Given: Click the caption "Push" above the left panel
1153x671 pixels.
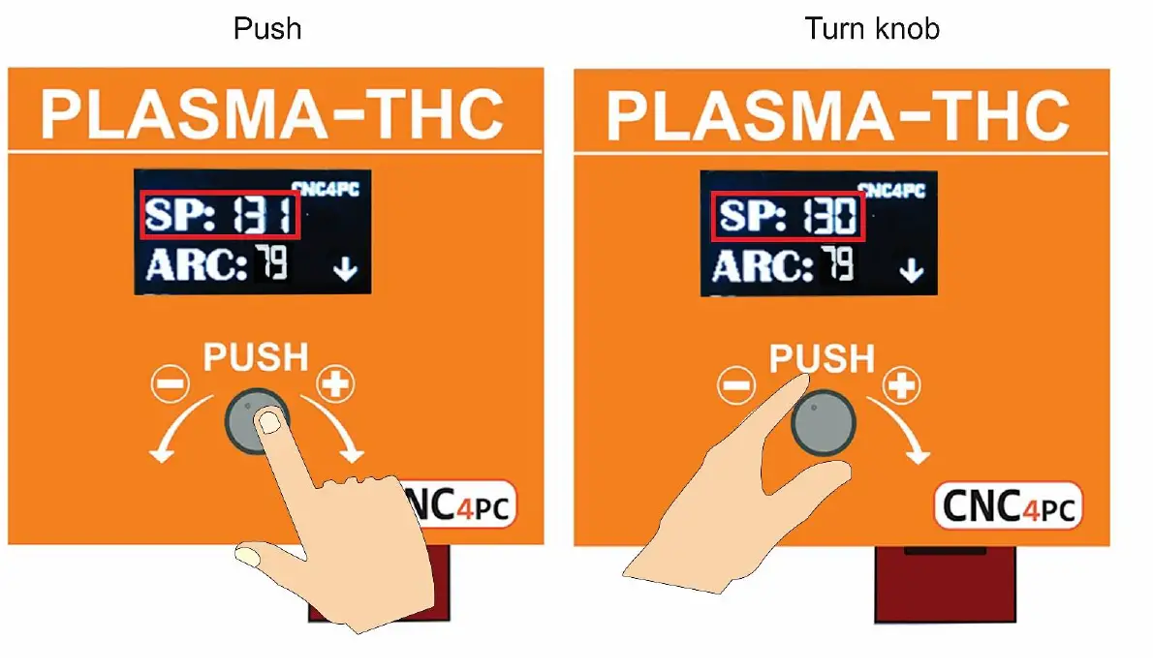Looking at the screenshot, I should [x=267, y=28].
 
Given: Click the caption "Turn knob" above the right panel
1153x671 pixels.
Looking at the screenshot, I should [x=871, y=28].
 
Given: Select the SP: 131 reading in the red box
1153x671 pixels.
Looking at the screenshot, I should [x=220, y=216].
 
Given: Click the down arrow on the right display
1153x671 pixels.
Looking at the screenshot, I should [x=911, y=269].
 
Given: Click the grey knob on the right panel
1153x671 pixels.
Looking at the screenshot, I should [x=825, y=422].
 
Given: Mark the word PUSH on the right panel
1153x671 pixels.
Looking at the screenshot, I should [x=823, y=358].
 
